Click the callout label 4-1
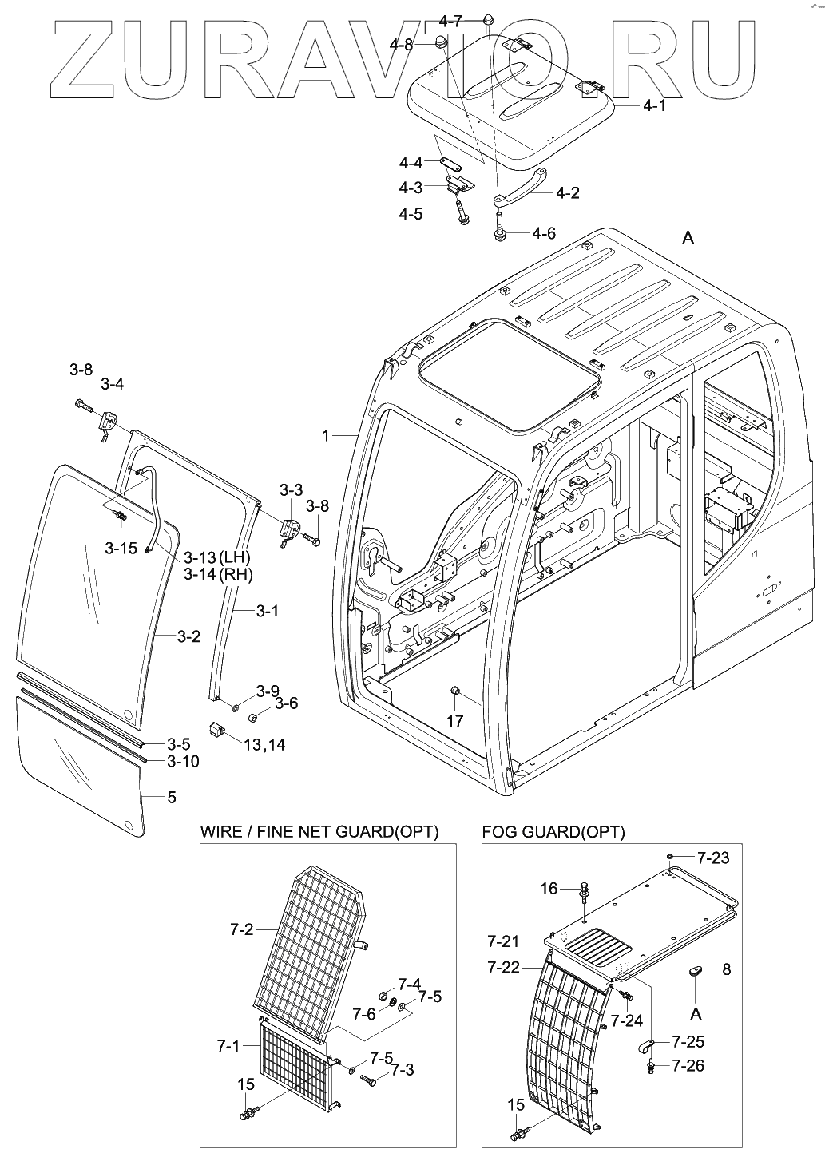click(x=654, y=105)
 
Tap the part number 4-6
click(x=543, y=233)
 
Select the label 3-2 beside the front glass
click(x=188, y=636)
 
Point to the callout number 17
click(x=454, y=721)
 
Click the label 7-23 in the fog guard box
click(x=713, y=858)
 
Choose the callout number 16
click(x=549, y=888)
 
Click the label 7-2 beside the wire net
click(x=241, y=929)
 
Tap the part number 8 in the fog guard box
click(x=726, y=969)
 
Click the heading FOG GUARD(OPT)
click(x=553, y=832)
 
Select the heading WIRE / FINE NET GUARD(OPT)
click(x=319, y=832)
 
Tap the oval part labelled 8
click(x=696, y=971)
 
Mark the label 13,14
click(x=264, y=745)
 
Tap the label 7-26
click(x=688, y=1065)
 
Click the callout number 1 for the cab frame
click(x=326, y=435)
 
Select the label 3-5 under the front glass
click(x=179, y=744)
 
